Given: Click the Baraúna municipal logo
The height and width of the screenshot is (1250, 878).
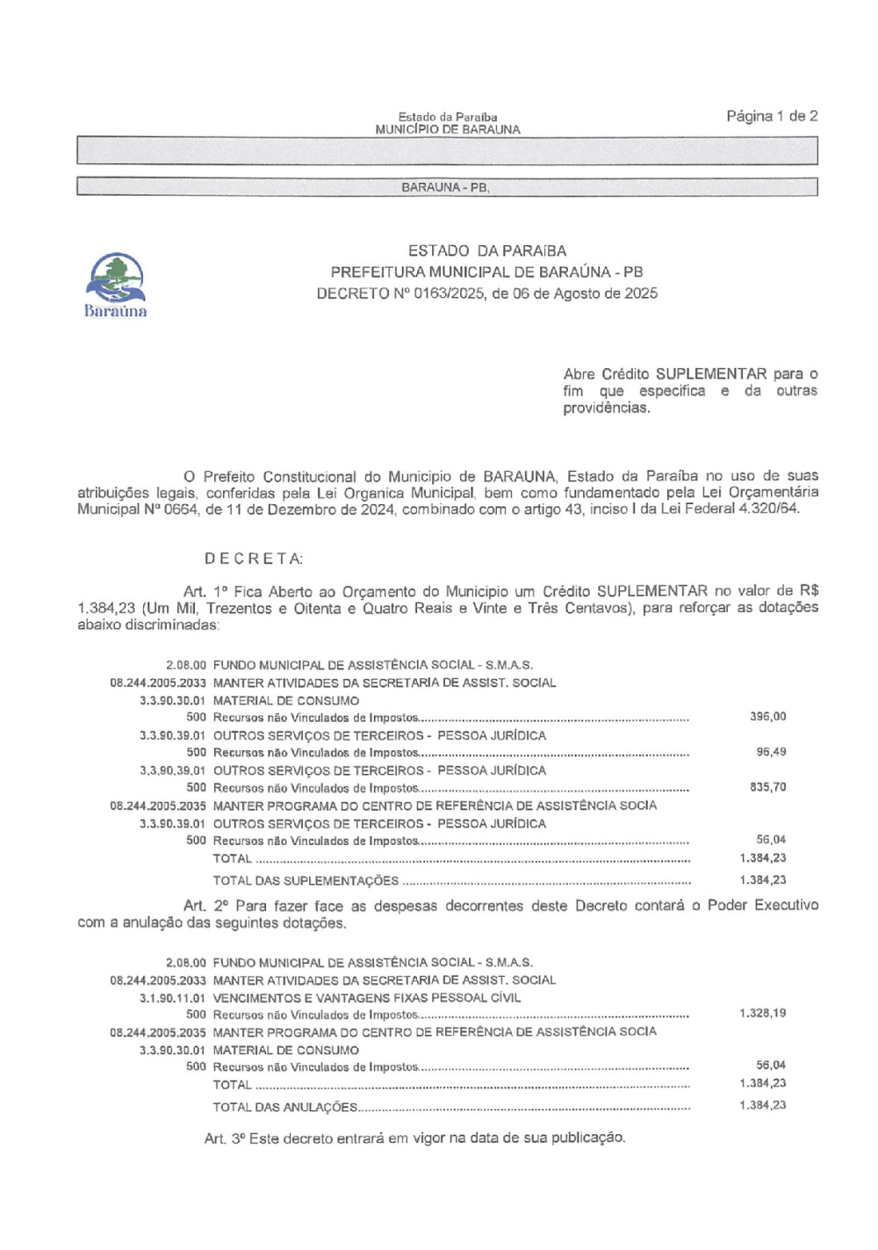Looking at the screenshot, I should [x=116, y=284].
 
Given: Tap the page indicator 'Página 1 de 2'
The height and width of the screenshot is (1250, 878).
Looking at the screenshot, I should [x=772, y=116].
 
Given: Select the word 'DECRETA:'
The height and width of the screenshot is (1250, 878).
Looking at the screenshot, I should [x=254, y=559].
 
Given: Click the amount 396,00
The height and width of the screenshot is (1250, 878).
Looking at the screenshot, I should [x=767, y=717].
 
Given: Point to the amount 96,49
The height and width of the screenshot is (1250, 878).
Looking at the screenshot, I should [x=771, y=752].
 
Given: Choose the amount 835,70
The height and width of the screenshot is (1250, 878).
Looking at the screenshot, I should [x=767, y=787].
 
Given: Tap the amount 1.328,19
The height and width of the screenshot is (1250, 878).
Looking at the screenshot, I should [x=762, y=1013].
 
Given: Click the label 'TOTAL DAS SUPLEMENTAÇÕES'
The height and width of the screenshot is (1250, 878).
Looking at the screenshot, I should [x=306, y=880].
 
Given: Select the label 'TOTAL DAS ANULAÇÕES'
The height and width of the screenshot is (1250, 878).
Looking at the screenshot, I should [x=285, y=1107].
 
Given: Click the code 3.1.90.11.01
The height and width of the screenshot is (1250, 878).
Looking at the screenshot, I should [x=172, y=998].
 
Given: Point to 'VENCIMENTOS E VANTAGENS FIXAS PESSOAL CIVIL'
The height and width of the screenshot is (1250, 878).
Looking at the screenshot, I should [x=366, y=998].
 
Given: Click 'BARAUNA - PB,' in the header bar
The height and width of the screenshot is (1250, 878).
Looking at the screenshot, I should [x=445, y=187].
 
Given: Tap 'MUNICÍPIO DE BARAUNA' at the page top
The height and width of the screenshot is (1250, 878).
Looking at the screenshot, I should [x=447, y=129].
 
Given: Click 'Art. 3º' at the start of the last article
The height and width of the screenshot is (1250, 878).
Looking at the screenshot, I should [x=224, y=1138].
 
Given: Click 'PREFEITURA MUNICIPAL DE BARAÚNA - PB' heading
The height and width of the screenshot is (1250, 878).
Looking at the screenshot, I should [x=486, y=272].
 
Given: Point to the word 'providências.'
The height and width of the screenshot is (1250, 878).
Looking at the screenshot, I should [x=606, y=408].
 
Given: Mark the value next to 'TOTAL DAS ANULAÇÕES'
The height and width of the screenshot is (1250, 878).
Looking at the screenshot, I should [x=762, y=1105].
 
